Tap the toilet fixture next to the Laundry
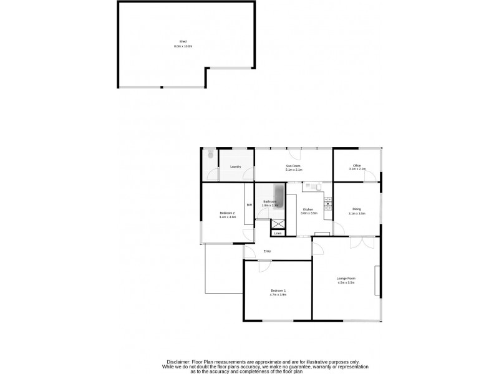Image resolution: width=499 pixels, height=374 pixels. coord(210,153)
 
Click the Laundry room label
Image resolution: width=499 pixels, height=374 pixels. coord(235,166)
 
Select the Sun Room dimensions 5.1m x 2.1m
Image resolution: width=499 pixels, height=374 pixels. coord(294,170)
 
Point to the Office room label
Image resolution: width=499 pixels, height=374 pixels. coord(357,165)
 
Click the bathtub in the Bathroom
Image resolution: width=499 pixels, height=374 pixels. coord(279,198)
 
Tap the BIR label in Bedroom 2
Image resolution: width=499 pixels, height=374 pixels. coord(249,205)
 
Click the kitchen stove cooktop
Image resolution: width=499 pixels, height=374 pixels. coord(327,199)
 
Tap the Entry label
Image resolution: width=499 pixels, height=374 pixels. coord(267,251)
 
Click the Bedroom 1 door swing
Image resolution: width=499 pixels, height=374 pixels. coord(264,266)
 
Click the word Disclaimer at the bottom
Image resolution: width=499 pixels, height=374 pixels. coord(180,362)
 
